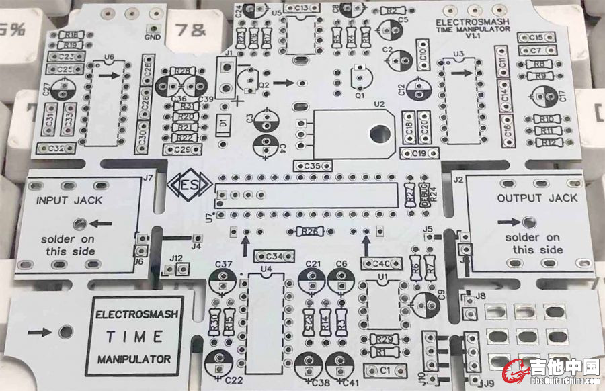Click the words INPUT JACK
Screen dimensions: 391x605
[x=69, y=200]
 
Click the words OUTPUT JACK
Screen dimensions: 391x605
[x=537, y=198]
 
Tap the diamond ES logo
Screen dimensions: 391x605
[x=189, y=185]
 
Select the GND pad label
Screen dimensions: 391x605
[x=152, y=37]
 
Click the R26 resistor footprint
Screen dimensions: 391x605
[x=310, y=232]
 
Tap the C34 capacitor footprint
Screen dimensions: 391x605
[x=274, y=256]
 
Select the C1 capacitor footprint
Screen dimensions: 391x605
[x=380, y=370]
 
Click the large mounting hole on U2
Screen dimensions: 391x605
[x=379, y=132]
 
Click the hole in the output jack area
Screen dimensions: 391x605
[x=529, y=222]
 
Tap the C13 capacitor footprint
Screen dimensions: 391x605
[x=300, y=8]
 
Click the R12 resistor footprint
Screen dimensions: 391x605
[x=549, y=143]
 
